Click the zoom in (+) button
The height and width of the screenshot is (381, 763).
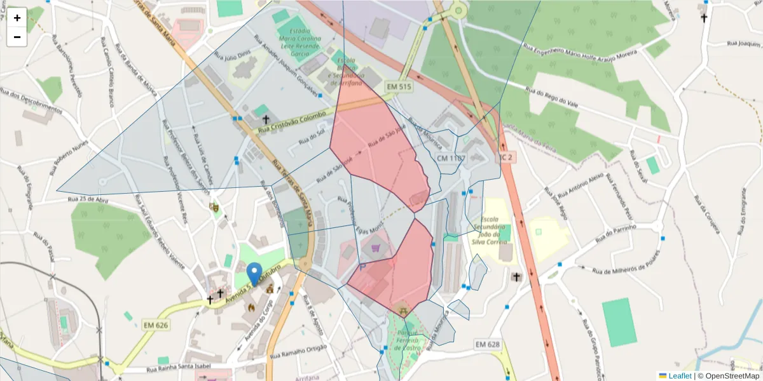17,18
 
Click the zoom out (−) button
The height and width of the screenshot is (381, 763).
17,37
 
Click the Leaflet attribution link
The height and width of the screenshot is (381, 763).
680,376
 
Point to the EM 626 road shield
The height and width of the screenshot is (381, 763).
156,325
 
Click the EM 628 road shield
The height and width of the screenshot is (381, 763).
488,344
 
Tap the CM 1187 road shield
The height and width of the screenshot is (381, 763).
451,157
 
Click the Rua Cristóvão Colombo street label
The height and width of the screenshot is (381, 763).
292,122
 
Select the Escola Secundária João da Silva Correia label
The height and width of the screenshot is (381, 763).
498,229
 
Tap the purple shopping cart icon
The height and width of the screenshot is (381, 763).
375,248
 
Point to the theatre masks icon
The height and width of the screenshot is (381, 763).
214,206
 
